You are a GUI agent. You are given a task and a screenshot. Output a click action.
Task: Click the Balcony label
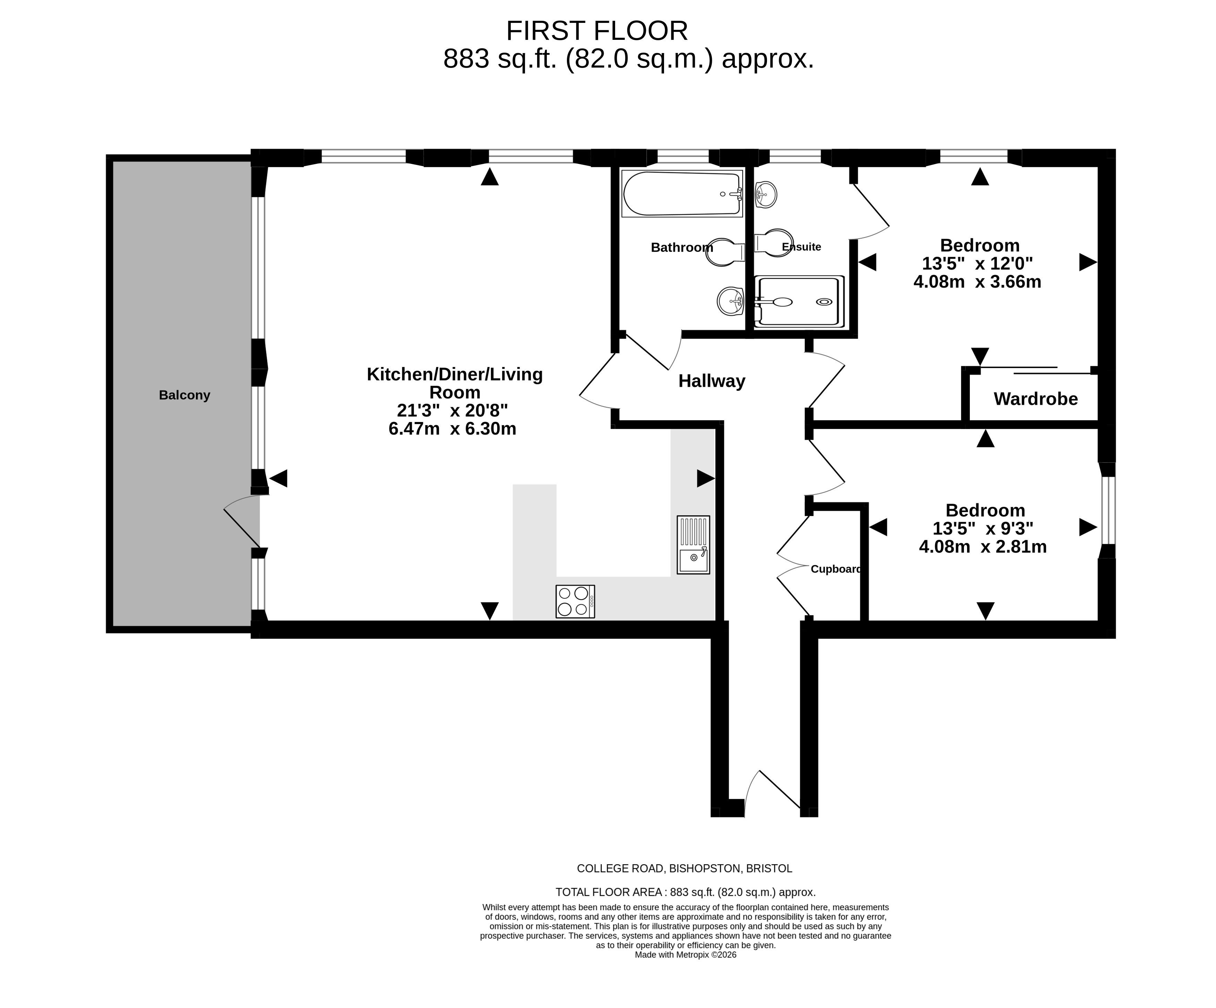tap(184, 395)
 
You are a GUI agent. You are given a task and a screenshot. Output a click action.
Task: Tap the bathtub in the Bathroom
tap(682, 194)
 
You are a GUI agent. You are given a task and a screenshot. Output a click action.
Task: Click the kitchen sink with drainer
tap(693, 544)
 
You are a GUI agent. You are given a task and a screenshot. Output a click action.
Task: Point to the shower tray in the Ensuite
tap(799, 301)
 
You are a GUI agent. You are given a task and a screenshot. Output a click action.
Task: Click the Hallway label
tap(712, 381)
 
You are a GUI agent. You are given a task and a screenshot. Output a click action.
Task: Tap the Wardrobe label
tap(1035, 399)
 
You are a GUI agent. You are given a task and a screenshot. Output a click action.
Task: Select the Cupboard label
tap(836, 569)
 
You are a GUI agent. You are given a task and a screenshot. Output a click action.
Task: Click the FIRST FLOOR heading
tap(597, 31)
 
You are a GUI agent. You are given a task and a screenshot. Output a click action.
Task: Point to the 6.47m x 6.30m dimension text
tap(452, 429)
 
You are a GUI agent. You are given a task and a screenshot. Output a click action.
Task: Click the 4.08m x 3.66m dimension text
tap(977, 282)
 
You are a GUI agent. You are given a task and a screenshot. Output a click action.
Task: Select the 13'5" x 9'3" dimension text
tap(983, 528)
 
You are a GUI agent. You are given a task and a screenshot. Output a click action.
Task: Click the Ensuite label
tap(801, 247)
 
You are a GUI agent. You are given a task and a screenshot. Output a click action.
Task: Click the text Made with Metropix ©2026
tap(685, 955)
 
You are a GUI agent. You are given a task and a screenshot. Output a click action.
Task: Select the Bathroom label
tap(682, 248)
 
